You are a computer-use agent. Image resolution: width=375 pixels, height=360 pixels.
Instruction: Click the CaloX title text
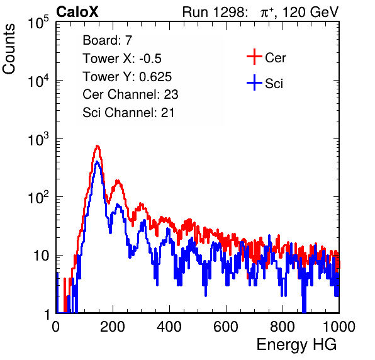tap(77, 12)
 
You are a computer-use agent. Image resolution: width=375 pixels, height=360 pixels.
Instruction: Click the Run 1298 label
tap(215, 12)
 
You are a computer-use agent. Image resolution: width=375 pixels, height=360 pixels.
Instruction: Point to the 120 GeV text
tap(310, 12)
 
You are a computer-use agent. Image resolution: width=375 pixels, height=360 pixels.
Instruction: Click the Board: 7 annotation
tap(108, 40)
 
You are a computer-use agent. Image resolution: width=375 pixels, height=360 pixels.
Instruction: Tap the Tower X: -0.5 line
tap(122, 59)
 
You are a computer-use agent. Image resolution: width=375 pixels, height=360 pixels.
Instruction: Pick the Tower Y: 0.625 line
tap(127, 77)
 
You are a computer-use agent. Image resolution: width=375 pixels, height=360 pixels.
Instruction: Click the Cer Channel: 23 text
tap(130, 94)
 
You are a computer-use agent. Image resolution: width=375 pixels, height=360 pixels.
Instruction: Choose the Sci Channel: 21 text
tap(128, 113)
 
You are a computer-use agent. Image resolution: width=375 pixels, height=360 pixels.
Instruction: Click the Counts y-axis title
tap(9, 49)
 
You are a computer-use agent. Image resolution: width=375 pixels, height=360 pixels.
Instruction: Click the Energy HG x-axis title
tap(296, 345)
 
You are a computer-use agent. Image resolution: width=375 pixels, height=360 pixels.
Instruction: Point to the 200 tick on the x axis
tap(113, 327)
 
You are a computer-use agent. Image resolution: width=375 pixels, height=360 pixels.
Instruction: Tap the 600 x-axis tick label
tap(226, 327)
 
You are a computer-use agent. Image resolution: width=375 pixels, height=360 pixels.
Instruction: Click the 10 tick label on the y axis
tap(41, 256)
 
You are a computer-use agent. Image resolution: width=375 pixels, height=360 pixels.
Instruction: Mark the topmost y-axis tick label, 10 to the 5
tap(38, 22)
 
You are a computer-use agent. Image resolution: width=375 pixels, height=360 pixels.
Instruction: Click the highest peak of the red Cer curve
tap(97, 145)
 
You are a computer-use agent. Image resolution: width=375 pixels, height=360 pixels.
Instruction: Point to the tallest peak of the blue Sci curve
tap(97, 162)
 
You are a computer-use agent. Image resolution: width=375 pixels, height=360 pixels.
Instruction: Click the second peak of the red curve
tap(117, 181)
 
